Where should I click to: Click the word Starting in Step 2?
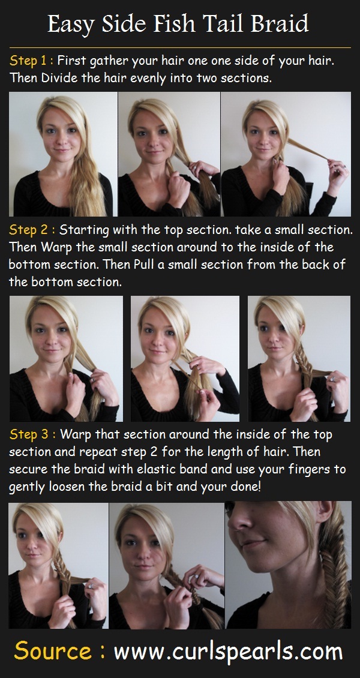click(x=83, y=230)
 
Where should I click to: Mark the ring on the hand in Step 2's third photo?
click(x=331, y=379)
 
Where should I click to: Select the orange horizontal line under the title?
click(x=180, y=47)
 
